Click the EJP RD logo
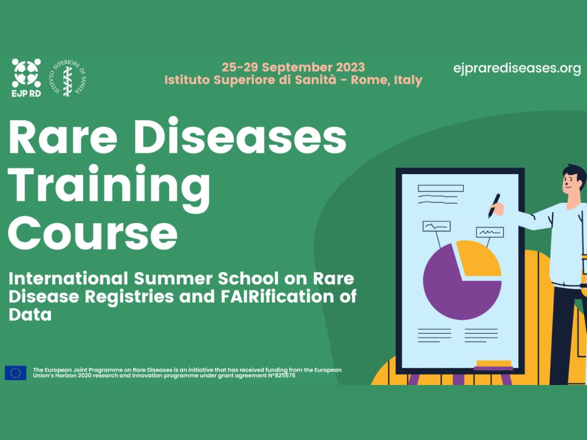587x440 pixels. (x=26, y=78)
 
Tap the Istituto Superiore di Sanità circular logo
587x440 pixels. (x=68, y=78)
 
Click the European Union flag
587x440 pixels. (x=15, y=372)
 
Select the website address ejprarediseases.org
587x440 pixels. (x=517, y=69)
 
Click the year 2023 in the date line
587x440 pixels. (x=350, y=68)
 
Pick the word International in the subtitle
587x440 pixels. (x=69, y=279)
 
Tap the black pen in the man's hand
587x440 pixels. (x=494, y=206)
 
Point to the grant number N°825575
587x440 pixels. (x=281, y=376)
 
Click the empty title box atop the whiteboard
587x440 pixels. (x=441, y=188)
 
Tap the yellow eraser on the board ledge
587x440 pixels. (x=494, y=363)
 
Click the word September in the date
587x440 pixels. (x=297, y=68)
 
